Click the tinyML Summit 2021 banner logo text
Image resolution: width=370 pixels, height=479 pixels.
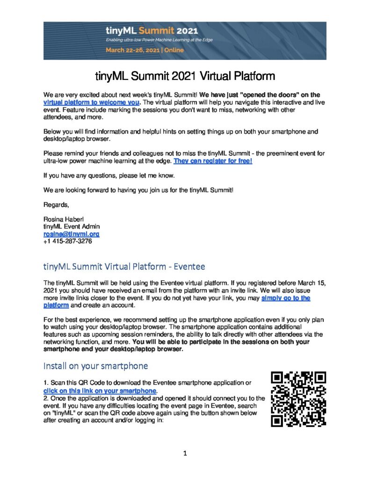click(x=145, y=31)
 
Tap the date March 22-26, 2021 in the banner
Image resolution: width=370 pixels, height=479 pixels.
click(x=145, y=50)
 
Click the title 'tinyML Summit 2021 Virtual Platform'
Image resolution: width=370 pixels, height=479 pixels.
click(x=185, y=76)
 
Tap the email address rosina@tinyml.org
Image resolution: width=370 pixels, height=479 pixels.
click(x=71, y=234)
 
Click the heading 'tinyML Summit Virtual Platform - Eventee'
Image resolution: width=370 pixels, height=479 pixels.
click(x=124, y=267)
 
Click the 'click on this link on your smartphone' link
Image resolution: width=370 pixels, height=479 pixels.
click(x=99, y=390)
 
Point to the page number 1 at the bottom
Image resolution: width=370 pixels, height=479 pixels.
click(x=185, y=453)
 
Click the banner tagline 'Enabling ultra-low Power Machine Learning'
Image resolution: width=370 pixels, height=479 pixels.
click(x=159, y=40)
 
